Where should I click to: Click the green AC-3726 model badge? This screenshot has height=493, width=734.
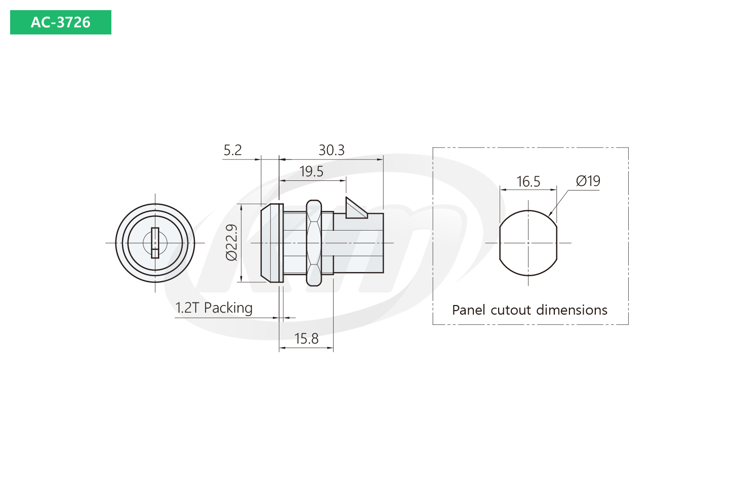(61, 22)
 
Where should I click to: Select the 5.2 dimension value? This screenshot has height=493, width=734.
(233, 150)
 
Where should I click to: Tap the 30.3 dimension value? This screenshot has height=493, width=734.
(331, 150)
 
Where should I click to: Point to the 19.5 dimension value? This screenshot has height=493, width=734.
(311, 172)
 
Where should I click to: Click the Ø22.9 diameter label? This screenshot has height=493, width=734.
(231, 242)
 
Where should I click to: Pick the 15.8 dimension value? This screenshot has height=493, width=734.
(306, 338)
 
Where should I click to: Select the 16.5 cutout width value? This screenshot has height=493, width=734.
(528, 182)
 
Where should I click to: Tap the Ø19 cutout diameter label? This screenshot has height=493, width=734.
(588, 181)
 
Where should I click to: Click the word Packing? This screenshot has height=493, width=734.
(228, 309)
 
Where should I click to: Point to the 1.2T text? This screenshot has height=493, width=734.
(187, 308)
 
